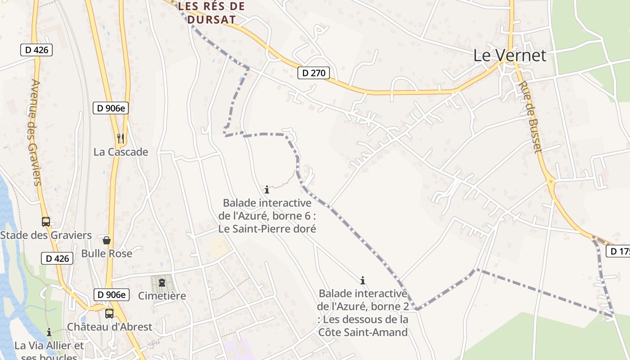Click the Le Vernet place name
coord(509,55)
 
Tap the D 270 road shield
coord(314,73)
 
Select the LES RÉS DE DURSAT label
coord(211,13)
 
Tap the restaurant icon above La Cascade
coord(120,138)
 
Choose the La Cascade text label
coord(121,152)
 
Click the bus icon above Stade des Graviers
coord(45,221)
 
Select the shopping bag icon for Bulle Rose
coord(107,241)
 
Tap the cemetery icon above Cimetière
coord(162,283)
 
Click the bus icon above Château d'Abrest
coord(109,313)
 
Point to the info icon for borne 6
coord(267,189)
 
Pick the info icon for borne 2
coord(363,280)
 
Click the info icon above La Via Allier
coord(49,333)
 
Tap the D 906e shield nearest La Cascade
coord(111,108)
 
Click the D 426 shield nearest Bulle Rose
coord(58,258)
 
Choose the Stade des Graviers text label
coord(46,235)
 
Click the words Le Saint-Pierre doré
coord(267,229)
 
